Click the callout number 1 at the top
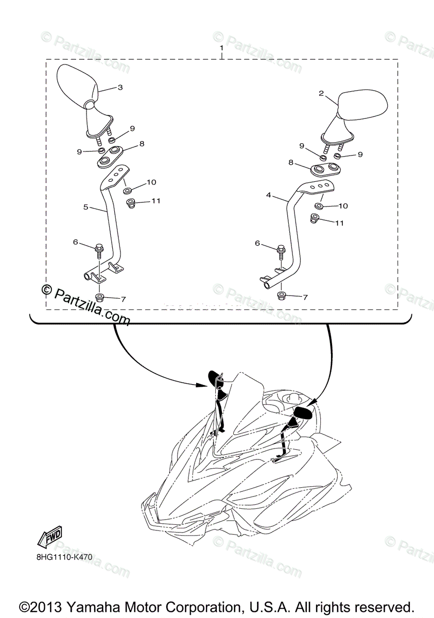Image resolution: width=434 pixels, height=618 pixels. pos(221,48)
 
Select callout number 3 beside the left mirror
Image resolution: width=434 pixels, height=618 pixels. pos(120,88)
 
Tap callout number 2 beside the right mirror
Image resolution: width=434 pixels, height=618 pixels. pos(321,94)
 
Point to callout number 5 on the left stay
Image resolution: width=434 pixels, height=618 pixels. pos(86,207)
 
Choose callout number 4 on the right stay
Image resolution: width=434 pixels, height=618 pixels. pos(269,196)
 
